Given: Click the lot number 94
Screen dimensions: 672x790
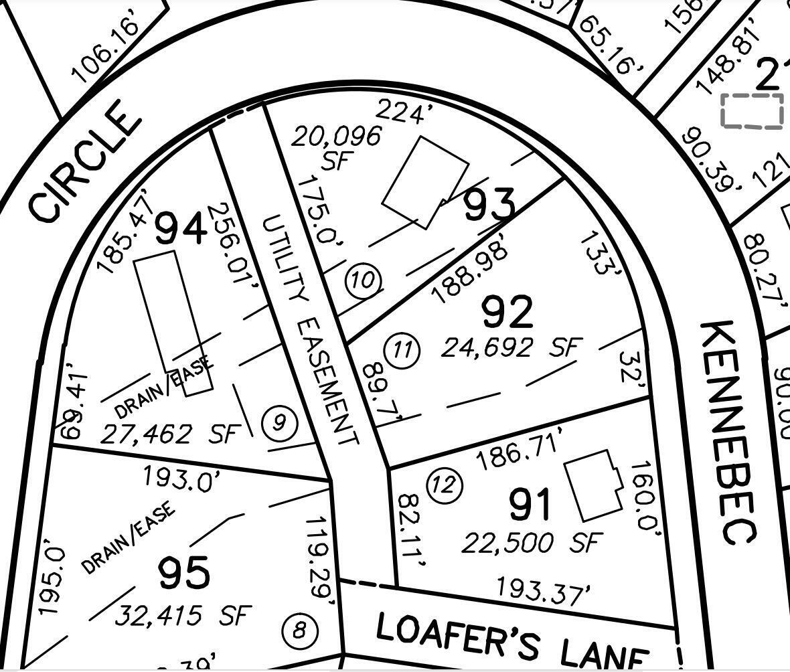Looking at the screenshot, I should [x=181, y=229].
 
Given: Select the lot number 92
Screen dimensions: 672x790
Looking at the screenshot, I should [x=507, y=312].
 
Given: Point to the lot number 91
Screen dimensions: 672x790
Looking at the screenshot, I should [x=530, y=505].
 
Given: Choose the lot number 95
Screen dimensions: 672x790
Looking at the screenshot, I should [x=184, y=574].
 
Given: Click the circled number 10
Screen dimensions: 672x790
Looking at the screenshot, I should [x=363, y=279].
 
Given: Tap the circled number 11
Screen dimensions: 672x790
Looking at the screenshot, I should [x=402, y=350].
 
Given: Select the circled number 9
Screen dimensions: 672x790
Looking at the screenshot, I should [x=280, y=423].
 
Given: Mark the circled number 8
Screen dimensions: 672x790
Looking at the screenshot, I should [x=301, y=631].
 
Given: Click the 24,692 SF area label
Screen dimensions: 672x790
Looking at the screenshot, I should [x=511, y=347].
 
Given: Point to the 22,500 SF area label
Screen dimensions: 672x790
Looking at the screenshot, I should [x=532, y=542].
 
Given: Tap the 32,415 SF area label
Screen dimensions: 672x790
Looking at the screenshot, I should [x=183, y=614].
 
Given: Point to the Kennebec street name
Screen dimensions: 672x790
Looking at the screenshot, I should [x=728, y=431].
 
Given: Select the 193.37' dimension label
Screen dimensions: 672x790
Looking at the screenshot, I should [x=544, y=591].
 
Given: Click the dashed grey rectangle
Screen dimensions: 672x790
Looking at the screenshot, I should [x=752, y=110].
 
